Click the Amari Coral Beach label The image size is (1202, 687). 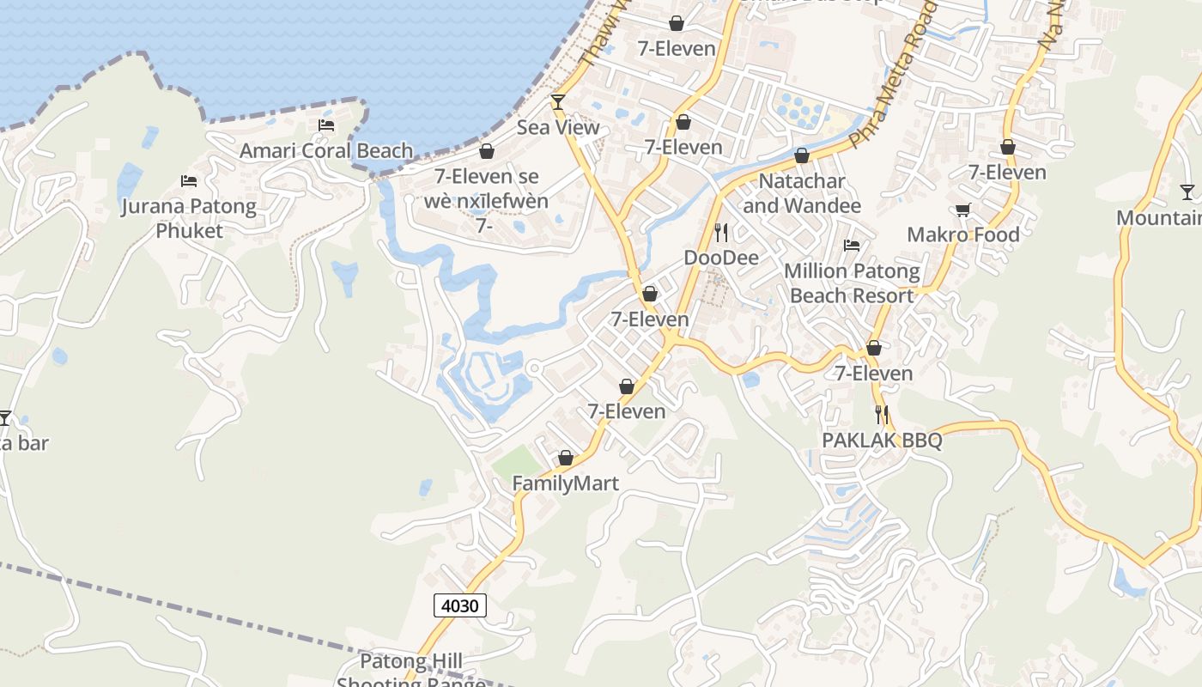(326, 151)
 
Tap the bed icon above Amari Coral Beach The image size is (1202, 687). (326, 125)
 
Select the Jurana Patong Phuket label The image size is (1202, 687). (189, 218)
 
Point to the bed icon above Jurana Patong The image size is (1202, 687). (189, 181)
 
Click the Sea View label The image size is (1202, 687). (558, 128)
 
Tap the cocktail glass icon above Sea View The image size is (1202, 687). (558, 102)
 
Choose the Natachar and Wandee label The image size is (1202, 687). (802, 193)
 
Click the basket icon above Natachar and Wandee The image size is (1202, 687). (802, 156)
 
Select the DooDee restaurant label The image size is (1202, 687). (721, 258)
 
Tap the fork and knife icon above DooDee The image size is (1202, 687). (721, 232)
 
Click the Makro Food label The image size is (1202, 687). (963, 234)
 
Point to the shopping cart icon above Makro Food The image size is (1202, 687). (963, 210)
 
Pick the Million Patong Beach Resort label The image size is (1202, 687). (852, 283)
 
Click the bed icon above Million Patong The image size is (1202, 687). (852, 246)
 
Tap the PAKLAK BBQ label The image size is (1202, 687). (882, 441)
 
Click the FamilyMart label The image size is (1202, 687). (565, 483)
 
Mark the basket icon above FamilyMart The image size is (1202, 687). (565, 459)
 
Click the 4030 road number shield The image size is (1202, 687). (460, 605)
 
